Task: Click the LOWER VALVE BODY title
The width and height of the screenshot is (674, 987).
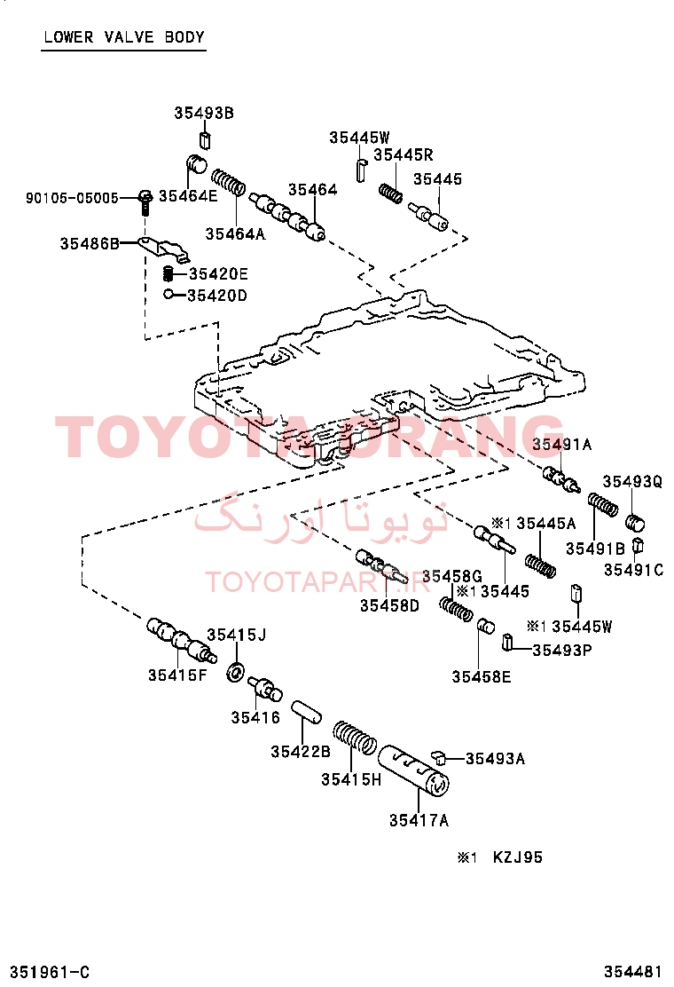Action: [124, 36]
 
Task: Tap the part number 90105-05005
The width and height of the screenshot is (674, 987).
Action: [72, 198]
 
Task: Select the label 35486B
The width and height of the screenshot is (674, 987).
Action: [90, 243]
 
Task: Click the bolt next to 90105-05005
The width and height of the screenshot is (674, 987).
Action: [145, 201]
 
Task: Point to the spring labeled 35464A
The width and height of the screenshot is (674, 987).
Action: [228, 182]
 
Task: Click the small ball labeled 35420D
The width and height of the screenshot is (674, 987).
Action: [168, 293]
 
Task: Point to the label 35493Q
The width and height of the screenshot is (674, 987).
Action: [632, 482]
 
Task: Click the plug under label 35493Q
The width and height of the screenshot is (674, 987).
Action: [636, 523]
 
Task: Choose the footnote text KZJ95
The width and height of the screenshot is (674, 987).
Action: [517, 857]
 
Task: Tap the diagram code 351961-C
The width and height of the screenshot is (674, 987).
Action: [50, 972]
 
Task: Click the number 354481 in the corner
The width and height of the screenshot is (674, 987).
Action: [633, 972]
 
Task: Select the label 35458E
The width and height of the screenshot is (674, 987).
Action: [482, 676]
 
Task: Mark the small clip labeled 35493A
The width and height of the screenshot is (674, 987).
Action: [439, 756]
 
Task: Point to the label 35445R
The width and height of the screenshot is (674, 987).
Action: [403, 154]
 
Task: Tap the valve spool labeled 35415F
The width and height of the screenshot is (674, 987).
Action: [182, 641]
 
